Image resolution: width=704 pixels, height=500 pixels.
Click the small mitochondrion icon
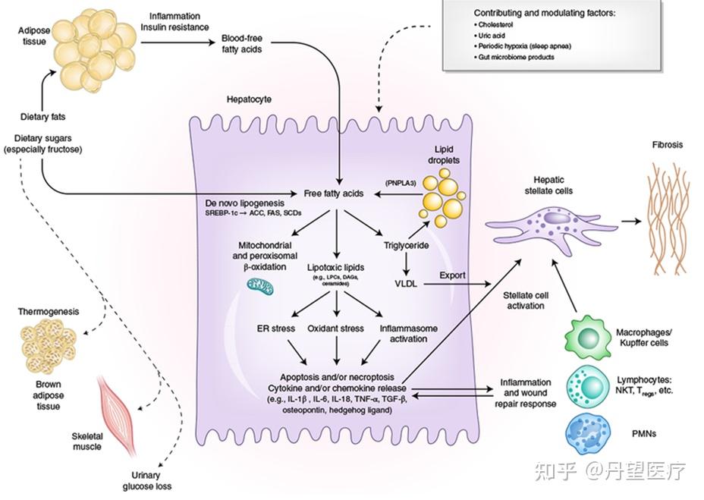point(261,285)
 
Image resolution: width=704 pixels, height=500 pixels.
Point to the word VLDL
point(407,285)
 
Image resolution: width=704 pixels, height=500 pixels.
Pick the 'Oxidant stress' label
point(336,329)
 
